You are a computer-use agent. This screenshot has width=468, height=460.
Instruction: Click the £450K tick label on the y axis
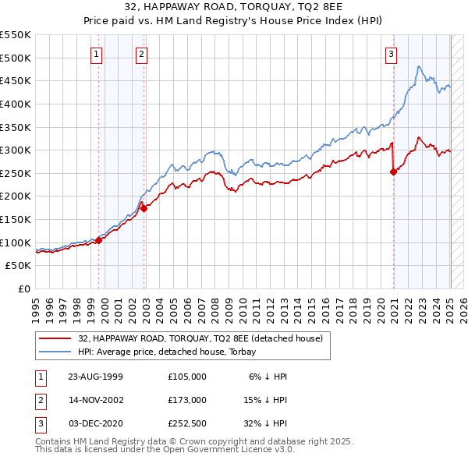(16, 80)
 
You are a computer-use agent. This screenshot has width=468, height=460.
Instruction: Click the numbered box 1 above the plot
(95, 55)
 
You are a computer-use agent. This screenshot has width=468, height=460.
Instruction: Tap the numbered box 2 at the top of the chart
(141, 55)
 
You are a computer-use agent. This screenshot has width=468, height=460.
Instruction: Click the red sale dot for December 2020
(393, 172)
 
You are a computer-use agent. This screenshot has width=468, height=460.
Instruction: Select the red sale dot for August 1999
(99, 240)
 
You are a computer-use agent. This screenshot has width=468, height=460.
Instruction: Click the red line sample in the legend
(55, 338)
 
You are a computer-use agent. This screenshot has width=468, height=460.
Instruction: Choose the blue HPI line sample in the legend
(55, 352)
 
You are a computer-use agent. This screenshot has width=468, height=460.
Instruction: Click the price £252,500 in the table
(187, 424)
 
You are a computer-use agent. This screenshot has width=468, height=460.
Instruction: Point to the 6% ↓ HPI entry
(268, 376)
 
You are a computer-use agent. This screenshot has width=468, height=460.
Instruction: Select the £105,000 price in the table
(187, 376)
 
